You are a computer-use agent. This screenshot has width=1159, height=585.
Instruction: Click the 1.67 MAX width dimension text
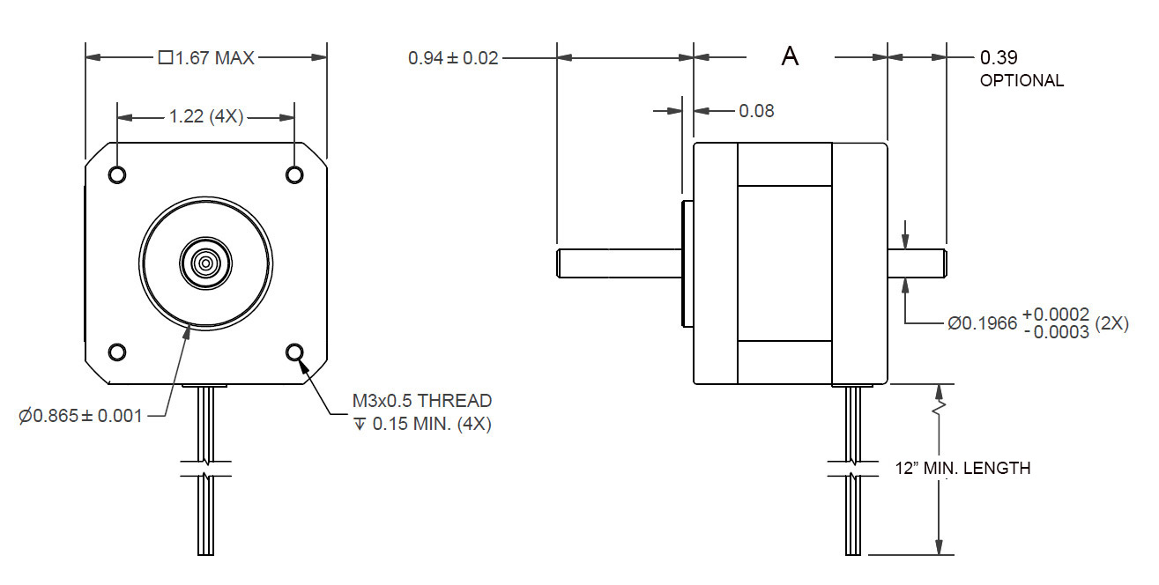point(206,58)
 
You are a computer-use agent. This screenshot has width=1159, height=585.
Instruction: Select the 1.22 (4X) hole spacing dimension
point(206,116)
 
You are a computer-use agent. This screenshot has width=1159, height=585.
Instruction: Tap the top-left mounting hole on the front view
point(117,174)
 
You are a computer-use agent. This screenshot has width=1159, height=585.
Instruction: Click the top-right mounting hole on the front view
point(295,174)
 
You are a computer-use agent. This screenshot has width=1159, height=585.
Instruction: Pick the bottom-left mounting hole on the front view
point(117,352)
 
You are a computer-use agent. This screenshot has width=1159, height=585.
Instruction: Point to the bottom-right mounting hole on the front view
point(295,352)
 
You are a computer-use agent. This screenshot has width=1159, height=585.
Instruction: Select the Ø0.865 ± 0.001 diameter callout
point(80,416)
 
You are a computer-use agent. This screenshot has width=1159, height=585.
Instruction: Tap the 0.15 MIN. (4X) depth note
point(422,424)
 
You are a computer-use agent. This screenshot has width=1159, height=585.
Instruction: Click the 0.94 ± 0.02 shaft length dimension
point(453,58)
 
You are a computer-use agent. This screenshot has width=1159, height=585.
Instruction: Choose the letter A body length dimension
point(791,57)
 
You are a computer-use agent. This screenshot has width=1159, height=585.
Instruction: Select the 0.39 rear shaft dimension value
point(999,58)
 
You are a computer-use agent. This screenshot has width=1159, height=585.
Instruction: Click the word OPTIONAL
point(1022,80)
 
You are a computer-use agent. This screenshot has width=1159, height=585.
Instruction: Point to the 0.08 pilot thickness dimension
point(756,111)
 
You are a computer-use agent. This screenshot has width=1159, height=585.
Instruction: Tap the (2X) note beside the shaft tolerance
point(1111,323)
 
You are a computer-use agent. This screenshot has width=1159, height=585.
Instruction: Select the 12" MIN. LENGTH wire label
point(962,468)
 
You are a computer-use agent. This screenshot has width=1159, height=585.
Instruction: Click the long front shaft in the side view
point(617,263)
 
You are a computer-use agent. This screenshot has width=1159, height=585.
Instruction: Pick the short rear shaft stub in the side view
point(917,263)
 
